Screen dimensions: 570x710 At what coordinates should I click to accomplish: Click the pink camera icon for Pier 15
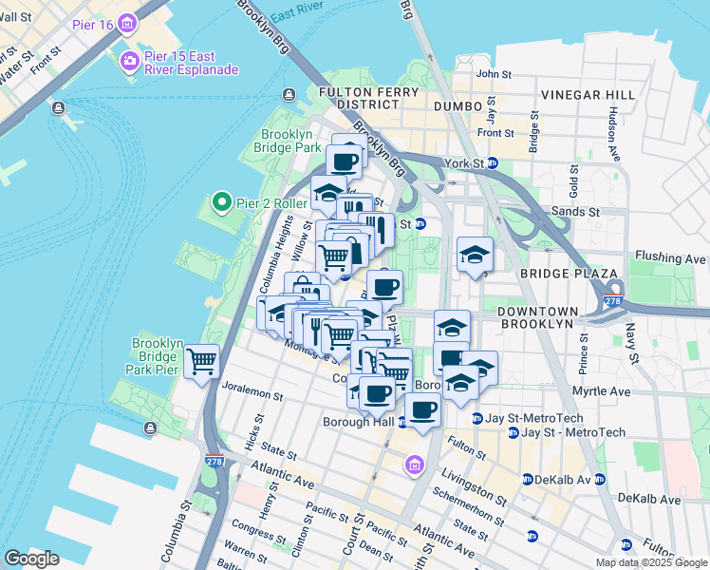tap(128, 62)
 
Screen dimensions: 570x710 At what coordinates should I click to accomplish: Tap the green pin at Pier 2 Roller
tap(221, 202)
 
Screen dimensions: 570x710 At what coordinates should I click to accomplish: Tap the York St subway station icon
tap(493, 163)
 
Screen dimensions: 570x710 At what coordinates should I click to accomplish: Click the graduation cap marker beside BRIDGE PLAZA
tap(475, 256)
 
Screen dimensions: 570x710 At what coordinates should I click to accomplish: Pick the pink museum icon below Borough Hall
tap(414, 465)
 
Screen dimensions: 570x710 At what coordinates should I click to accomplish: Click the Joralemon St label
tap(252, 389)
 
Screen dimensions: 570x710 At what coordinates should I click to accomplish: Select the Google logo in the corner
tap(31, 559)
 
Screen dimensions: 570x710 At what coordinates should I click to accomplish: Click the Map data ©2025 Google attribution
tap(649, 562)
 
